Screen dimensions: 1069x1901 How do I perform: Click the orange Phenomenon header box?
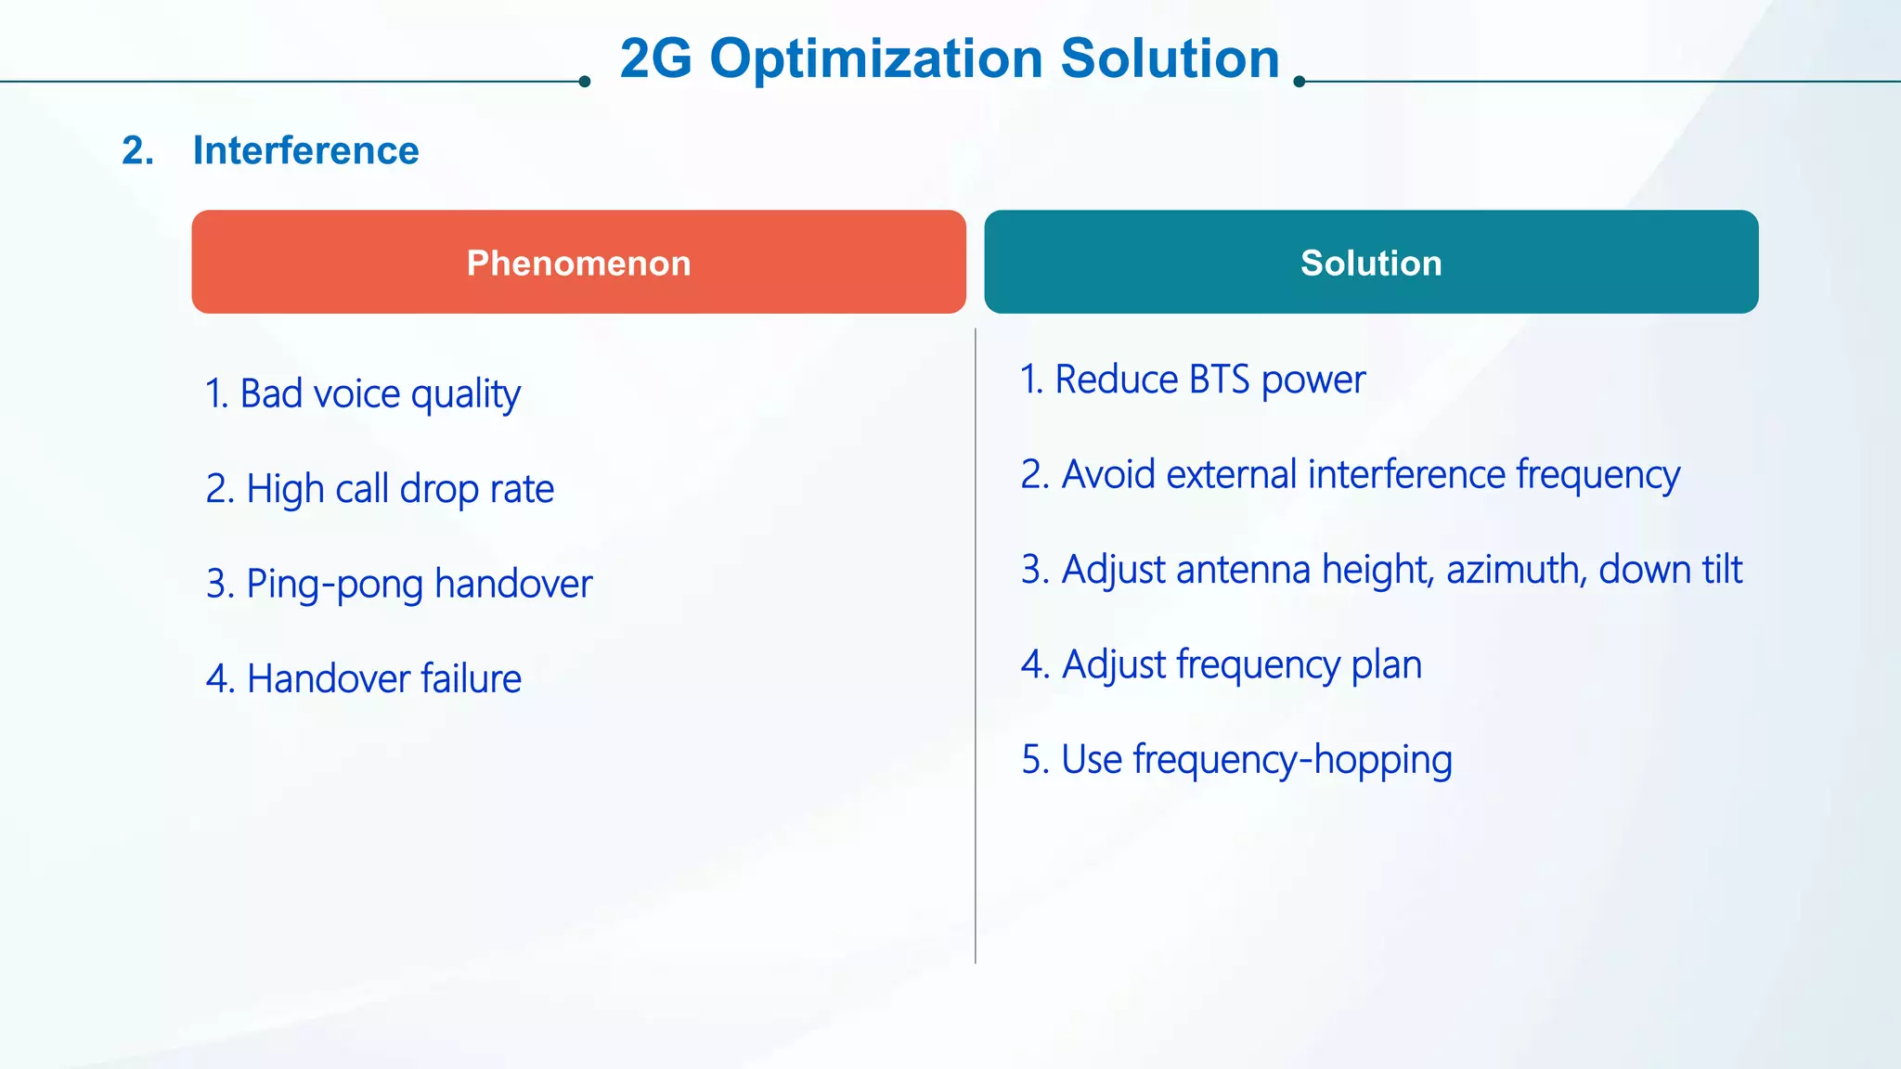pos(578,262)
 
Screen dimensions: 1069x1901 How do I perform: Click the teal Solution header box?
pos(1371,262)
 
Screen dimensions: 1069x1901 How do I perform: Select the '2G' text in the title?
pos(655,58)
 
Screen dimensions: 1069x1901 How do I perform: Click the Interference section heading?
pos(305,150)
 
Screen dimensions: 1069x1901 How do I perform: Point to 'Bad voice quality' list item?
pos(362,394)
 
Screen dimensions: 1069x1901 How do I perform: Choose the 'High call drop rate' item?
pos(380,489)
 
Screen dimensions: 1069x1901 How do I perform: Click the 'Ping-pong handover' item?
pos(399,584)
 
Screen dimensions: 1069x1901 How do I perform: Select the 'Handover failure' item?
pos(363,678)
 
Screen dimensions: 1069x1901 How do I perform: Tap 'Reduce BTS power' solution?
pos(1193,380)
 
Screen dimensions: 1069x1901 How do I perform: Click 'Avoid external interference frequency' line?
pos(1350,474)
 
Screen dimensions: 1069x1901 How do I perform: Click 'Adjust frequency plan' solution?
pos(1222,664)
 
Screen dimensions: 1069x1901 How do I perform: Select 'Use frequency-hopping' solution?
pos(1236,759)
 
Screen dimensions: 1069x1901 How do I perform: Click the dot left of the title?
pos(584,82)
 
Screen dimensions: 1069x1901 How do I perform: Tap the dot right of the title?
pos(1300,82)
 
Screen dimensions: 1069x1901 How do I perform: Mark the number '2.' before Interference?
pos(137,150)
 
